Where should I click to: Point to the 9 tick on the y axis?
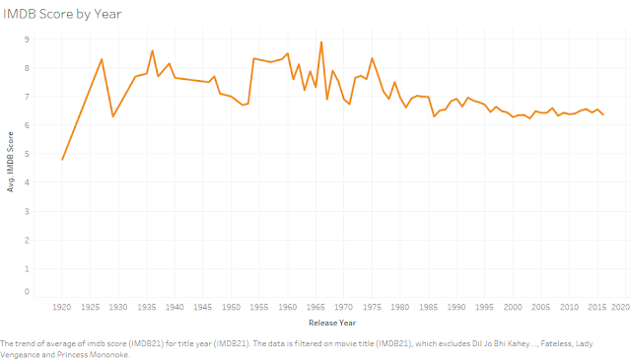click(27, 39)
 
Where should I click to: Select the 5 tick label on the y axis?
click(27, 154)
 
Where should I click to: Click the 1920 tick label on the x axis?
click(62, 308)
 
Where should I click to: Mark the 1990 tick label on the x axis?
click(456, 308)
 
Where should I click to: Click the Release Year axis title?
click(334, 323)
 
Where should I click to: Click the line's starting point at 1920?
click(62, 160)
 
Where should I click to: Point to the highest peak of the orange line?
click(321, 41)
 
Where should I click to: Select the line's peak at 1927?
click(102, 59)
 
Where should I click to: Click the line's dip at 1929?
click(113, 116)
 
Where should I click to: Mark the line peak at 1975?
click(372, 58)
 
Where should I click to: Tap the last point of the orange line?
click(602, 115)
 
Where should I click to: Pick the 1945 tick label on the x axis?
click(203, 308)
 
